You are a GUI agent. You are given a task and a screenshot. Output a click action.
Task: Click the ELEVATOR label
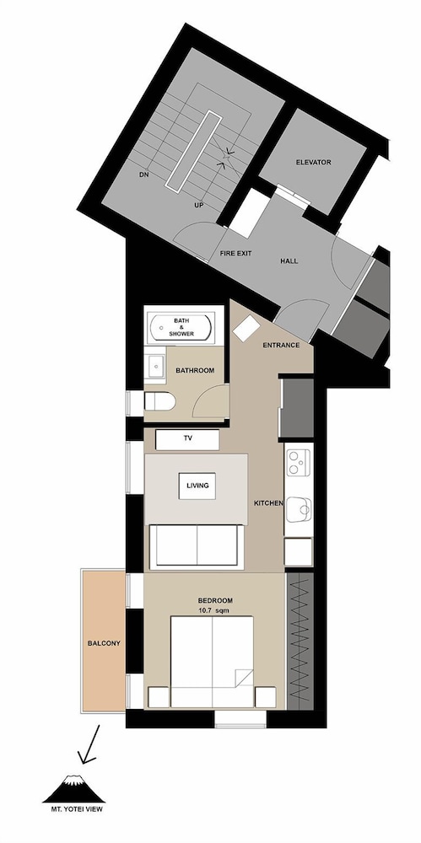coord(313,162)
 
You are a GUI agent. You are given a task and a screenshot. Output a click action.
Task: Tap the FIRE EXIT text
coord(235,253)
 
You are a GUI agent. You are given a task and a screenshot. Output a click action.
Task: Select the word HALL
coord(289,260)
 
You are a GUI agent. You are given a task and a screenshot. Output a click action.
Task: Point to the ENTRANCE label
coord(281,345)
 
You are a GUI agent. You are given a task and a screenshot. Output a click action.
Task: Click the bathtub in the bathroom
coord(181,327)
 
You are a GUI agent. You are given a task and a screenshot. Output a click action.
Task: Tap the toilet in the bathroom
coord(160,400)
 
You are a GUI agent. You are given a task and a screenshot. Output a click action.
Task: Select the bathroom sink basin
coord(155,366)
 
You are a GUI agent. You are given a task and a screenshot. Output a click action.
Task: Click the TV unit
coord(187,439)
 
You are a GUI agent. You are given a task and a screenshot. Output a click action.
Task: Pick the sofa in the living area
coord(197,546)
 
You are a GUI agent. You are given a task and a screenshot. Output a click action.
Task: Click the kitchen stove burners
coord(299,462)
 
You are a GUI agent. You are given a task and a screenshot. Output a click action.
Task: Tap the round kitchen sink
coord(299,508)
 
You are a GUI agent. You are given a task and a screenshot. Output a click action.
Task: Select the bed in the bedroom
coord(212,661)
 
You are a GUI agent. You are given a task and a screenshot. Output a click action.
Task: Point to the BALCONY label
coord(104,643)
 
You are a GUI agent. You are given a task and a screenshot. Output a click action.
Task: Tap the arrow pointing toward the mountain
coord(90,744)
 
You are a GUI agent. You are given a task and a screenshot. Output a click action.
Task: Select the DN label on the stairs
coord(143,175)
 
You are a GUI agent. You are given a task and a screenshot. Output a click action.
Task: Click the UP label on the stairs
coord(198,206)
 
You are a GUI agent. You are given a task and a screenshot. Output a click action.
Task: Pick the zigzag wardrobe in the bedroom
coord(300,641)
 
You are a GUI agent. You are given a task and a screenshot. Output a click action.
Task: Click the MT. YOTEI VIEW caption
coord(73,808)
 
